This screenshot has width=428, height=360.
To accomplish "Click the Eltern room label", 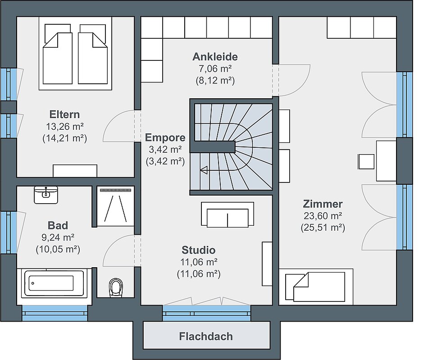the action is coord(64,114).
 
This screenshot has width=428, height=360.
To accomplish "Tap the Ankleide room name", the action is coord(215,57).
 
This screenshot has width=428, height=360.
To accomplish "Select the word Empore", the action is coord(165,137).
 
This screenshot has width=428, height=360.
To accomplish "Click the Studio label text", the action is coord(198,250).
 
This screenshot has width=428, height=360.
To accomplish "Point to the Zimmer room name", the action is coord(323,204).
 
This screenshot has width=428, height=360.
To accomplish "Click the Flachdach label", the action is coord(206,336).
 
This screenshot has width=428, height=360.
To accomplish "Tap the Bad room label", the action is coord(58,225).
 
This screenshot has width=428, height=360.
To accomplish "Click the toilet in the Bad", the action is coord(116,287).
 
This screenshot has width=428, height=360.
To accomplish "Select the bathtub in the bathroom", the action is coord(54,283).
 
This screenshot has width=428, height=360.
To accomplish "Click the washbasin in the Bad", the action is coord(46,195).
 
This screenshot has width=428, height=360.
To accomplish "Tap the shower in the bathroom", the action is coord(115,206).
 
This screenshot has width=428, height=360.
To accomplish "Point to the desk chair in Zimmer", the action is coord(366,162).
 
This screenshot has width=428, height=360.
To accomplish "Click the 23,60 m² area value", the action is coord(323,216).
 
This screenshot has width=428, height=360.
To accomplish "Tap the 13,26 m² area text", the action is coord(65,126).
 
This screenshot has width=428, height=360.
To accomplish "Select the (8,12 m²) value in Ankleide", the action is coord(215,81).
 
